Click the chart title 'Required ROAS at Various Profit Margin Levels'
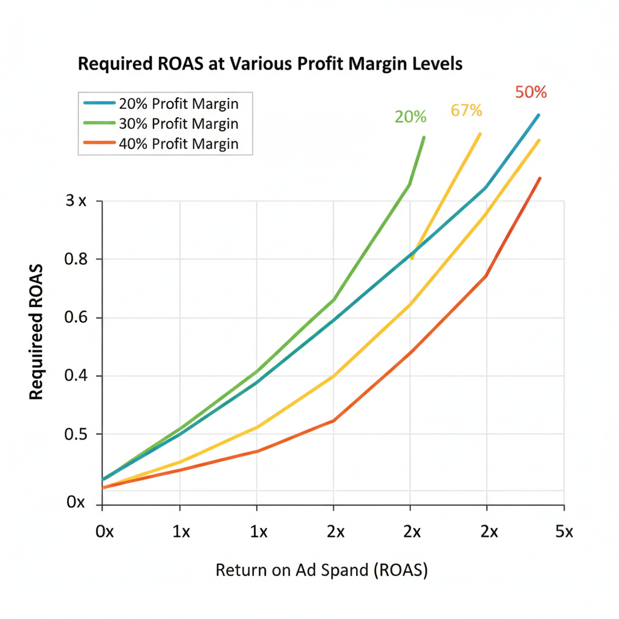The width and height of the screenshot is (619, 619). [x=270, y=65]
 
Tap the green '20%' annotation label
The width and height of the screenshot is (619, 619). [x=410, y=117]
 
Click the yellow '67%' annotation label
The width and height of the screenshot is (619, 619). [x=466, y=111]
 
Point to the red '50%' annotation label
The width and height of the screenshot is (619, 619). [x=531, y=93]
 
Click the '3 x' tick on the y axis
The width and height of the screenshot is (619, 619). [x=76, y=201]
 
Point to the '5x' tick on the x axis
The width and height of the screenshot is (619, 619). [x=563, y=532]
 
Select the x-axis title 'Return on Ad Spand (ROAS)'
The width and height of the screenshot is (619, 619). [x=322, y=570]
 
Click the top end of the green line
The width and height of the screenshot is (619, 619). [x=424, y=137]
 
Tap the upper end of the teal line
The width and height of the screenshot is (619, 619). [x=538, y=115]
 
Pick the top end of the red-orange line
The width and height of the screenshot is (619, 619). [x=539, y=178]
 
